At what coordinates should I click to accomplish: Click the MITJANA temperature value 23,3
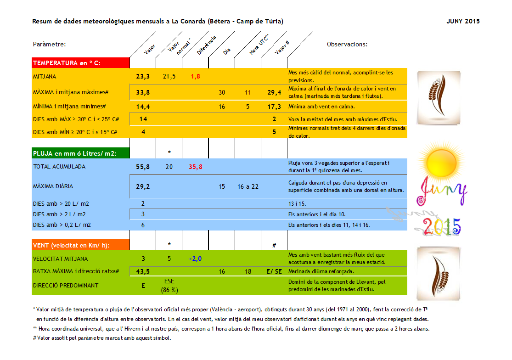click(143, 76)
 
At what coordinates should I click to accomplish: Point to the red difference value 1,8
click(195, 76)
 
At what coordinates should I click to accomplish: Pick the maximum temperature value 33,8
click(143, 92)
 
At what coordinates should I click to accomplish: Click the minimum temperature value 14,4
click(143, 107)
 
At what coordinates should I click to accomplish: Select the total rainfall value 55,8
click(143, 167)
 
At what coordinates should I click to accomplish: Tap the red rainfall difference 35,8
click(195, 167)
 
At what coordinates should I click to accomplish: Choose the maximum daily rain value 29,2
click(143, 186)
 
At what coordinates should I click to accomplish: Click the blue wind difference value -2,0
click(195, 259)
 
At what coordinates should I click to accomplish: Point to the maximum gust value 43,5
click(143, 271)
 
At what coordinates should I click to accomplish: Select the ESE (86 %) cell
click(169, 286)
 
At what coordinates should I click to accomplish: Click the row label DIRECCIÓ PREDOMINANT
click(65, 286)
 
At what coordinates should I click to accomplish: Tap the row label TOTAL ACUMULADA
click(59, 167)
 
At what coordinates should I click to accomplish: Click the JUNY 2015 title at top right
click(463, 22)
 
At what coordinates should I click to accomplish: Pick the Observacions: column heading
click(347, 45)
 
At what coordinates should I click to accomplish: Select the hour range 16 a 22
click(248, 186)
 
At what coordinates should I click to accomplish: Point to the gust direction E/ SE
click(275, 271)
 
